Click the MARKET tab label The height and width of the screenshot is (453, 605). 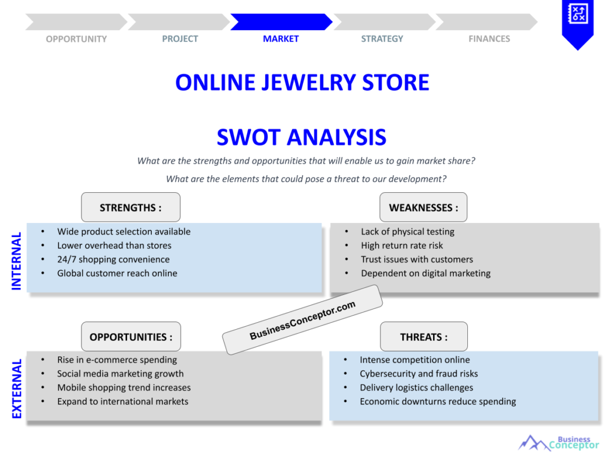pyautogui.click(x=281, y=39)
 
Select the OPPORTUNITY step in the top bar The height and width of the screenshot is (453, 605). pyautogui.click(x=76, y=39)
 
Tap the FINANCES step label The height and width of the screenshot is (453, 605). pyautogui.click(x=489, y=39)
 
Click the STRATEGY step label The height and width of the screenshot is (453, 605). pyautogui.click(x=382, y=39)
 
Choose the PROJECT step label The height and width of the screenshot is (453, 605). pyautogui.click(x=180, y=39)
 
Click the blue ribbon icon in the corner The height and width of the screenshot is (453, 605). pyautogui.click(x=577, y=21)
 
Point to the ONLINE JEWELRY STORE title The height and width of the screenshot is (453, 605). pyautogui.click(x=302, y=82)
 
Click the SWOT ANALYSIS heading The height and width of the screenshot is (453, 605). pyautogui.click(x=301, y=137)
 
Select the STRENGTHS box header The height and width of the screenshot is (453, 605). pyautogui.click(x=131, y=208)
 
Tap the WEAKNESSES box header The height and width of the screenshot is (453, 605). pyautogui.click(x=423, y=208)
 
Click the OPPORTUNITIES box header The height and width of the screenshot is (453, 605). pyautogui.click(x=131, y=337)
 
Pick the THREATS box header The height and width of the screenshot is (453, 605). pyautogui.click(x=424, y=337)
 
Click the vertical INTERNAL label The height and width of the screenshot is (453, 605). pyautogui.click(x=17, y=261)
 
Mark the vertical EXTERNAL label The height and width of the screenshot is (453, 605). pyautogui.click(x=17, y=389)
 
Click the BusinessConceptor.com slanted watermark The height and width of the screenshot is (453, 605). pyautogui.click(x=302, y=320)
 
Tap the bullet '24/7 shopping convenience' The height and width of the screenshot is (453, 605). pyautogui.click(x=113, y=260)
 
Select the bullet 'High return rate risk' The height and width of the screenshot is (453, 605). pyautogui.click(x=402, y=245)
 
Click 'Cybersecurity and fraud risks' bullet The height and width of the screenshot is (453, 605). pyautogui.click(x=418, y=373)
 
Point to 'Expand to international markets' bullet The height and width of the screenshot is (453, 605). pyautogui.click(x=122, y=401)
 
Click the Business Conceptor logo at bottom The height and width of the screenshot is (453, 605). pyautogui.click(x=558, y=442)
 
